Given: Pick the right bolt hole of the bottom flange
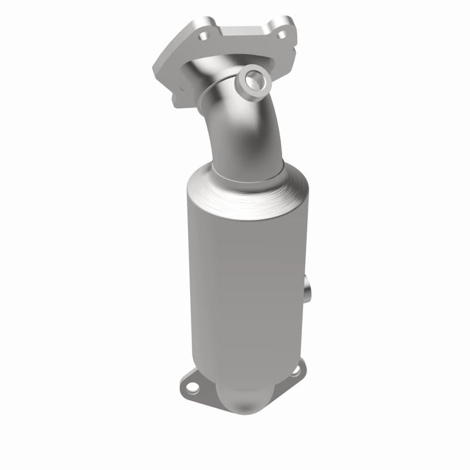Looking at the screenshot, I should coord(296,370).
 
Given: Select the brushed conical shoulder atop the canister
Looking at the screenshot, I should coord(247,191).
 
